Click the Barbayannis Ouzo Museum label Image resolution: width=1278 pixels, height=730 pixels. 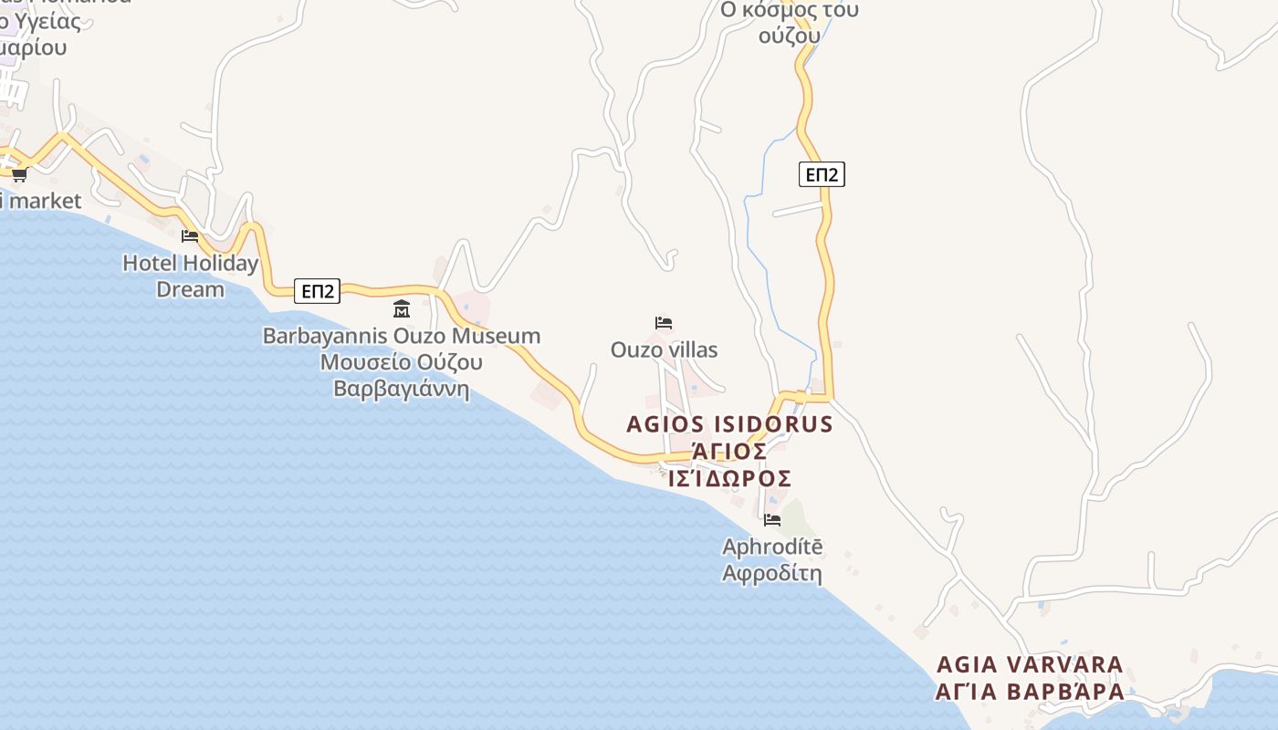(402, 336)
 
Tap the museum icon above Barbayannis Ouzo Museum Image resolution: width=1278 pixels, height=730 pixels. (402, 308)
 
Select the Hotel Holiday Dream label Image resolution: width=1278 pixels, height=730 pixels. (190, 276)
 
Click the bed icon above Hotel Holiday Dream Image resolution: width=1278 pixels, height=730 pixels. (190, 235)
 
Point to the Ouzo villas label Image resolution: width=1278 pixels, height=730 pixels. (664, 349)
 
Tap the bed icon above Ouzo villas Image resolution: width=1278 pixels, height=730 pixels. (664, 323)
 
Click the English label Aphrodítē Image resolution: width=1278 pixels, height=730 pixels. (772, 547)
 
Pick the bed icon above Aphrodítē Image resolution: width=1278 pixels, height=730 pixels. (772, 520)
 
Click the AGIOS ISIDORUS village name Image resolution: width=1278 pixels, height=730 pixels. (729, 424)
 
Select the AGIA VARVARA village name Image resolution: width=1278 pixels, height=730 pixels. (1030, 664)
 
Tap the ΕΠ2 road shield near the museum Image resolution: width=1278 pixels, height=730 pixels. (318, 291)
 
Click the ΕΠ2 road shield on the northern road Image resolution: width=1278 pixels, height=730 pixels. (822, 174)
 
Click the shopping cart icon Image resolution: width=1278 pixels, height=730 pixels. (19, 174)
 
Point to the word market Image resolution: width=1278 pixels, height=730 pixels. (45, 201)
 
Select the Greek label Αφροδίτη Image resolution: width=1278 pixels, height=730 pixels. (772, 574)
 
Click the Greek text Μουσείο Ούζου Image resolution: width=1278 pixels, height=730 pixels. (402, 362)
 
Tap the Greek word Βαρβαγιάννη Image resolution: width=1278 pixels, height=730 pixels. (402, 389)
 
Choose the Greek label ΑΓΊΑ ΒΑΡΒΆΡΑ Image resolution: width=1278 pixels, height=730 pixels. (1030, 692)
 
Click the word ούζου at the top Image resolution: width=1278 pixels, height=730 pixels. (789, 36)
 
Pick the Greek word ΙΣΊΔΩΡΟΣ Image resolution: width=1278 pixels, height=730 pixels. (729, 479)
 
